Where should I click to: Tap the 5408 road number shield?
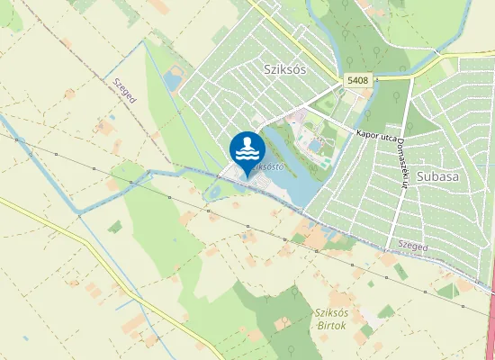coord(357,81)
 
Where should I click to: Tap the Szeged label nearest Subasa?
coord(413,245)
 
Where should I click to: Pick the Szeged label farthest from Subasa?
coord(124,91)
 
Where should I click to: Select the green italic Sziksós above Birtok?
coord(332,312)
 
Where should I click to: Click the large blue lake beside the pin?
coord(290,180)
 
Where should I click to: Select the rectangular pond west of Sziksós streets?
coord(172,82)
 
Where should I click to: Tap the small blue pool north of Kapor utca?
coord(313,143)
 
